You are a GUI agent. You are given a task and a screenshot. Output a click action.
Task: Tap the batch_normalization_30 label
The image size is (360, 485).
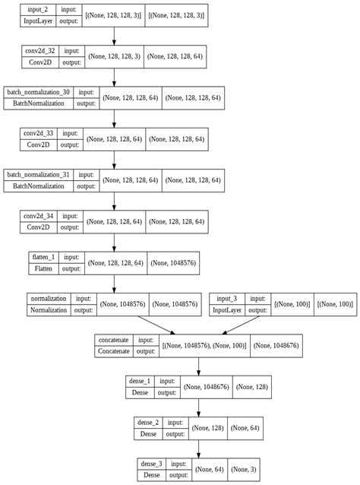point(38,91)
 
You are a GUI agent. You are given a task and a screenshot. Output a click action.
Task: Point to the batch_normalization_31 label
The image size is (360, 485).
point(38,175)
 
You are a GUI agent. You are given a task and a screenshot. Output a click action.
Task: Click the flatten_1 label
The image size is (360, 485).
point(43,258)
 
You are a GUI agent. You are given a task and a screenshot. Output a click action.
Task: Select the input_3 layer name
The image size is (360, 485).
point(228,299)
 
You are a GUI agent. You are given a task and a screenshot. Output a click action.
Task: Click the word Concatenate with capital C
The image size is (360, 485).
point(114,352)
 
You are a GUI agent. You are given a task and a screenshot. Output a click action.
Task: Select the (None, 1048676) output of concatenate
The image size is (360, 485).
point(276,346)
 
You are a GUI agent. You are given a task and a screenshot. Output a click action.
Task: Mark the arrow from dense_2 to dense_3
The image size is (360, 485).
point(198,447)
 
